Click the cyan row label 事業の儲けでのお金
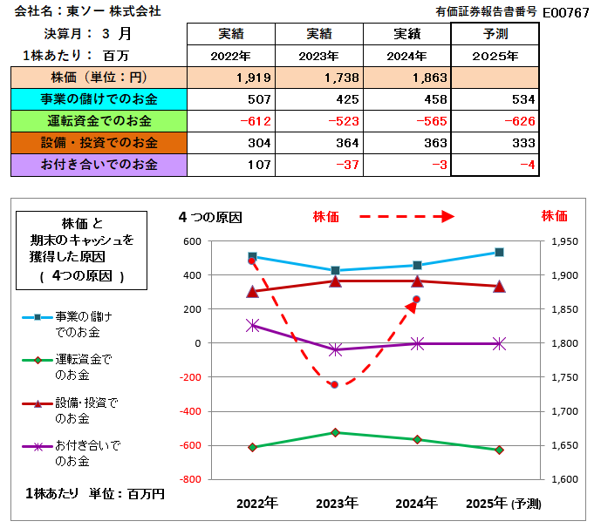tap(98, 98)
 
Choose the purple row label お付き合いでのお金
tap(98, 164)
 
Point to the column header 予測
tap(495, 34)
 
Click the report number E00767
tap(565, 12)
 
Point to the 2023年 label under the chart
tap(337, 503)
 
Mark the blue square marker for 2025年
tap(499, 252)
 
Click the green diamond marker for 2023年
tap(336, 432)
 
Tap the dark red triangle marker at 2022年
tap(253, 291)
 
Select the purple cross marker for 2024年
tap(417, 344)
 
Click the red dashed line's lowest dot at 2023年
tap(334, 384)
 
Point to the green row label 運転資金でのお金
tap(98, 120)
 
